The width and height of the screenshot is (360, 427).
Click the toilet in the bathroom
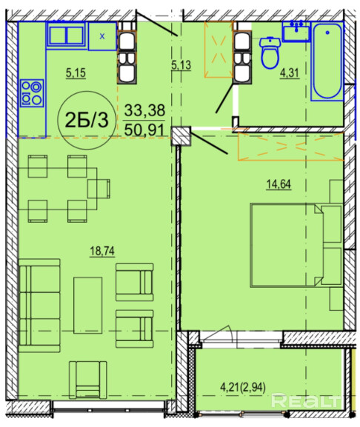click(x=270, y=53)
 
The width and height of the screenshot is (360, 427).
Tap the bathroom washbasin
click(x=296, y=32)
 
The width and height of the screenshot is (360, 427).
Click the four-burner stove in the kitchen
click(x=32, y=93)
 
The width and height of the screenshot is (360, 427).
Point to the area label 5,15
click(x=76, y=73)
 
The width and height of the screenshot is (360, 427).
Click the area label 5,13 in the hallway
click(x=181, y=65)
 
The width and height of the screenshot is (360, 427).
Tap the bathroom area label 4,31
click(x=290, y=73)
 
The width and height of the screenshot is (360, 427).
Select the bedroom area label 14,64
click(x=279, y=184)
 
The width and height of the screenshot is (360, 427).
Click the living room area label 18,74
click(x=102, y=251)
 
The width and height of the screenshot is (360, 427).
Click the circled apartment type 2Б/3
click(x=87, y=120)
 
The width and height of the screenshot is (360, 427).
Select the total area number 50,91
click(x=144, y=130)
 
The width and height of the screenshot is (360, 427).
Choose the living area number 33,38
click(x=144, y=110)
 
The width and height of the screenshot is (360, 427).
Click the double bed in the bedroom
click(x=296, y=245)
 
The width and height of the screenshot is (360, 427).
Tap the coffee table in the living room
click(x=87, y=306)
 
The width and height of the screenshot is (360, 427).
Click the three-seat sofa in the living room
click(x=39, y=306)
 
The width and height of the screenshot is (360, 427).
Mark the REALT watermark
click(x=307, y=401)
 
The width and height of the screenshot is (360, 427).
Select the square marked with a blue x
click(x=102, y=36)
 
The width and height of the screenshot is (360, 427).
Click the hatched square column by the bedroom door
click(x=181, y=136)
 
